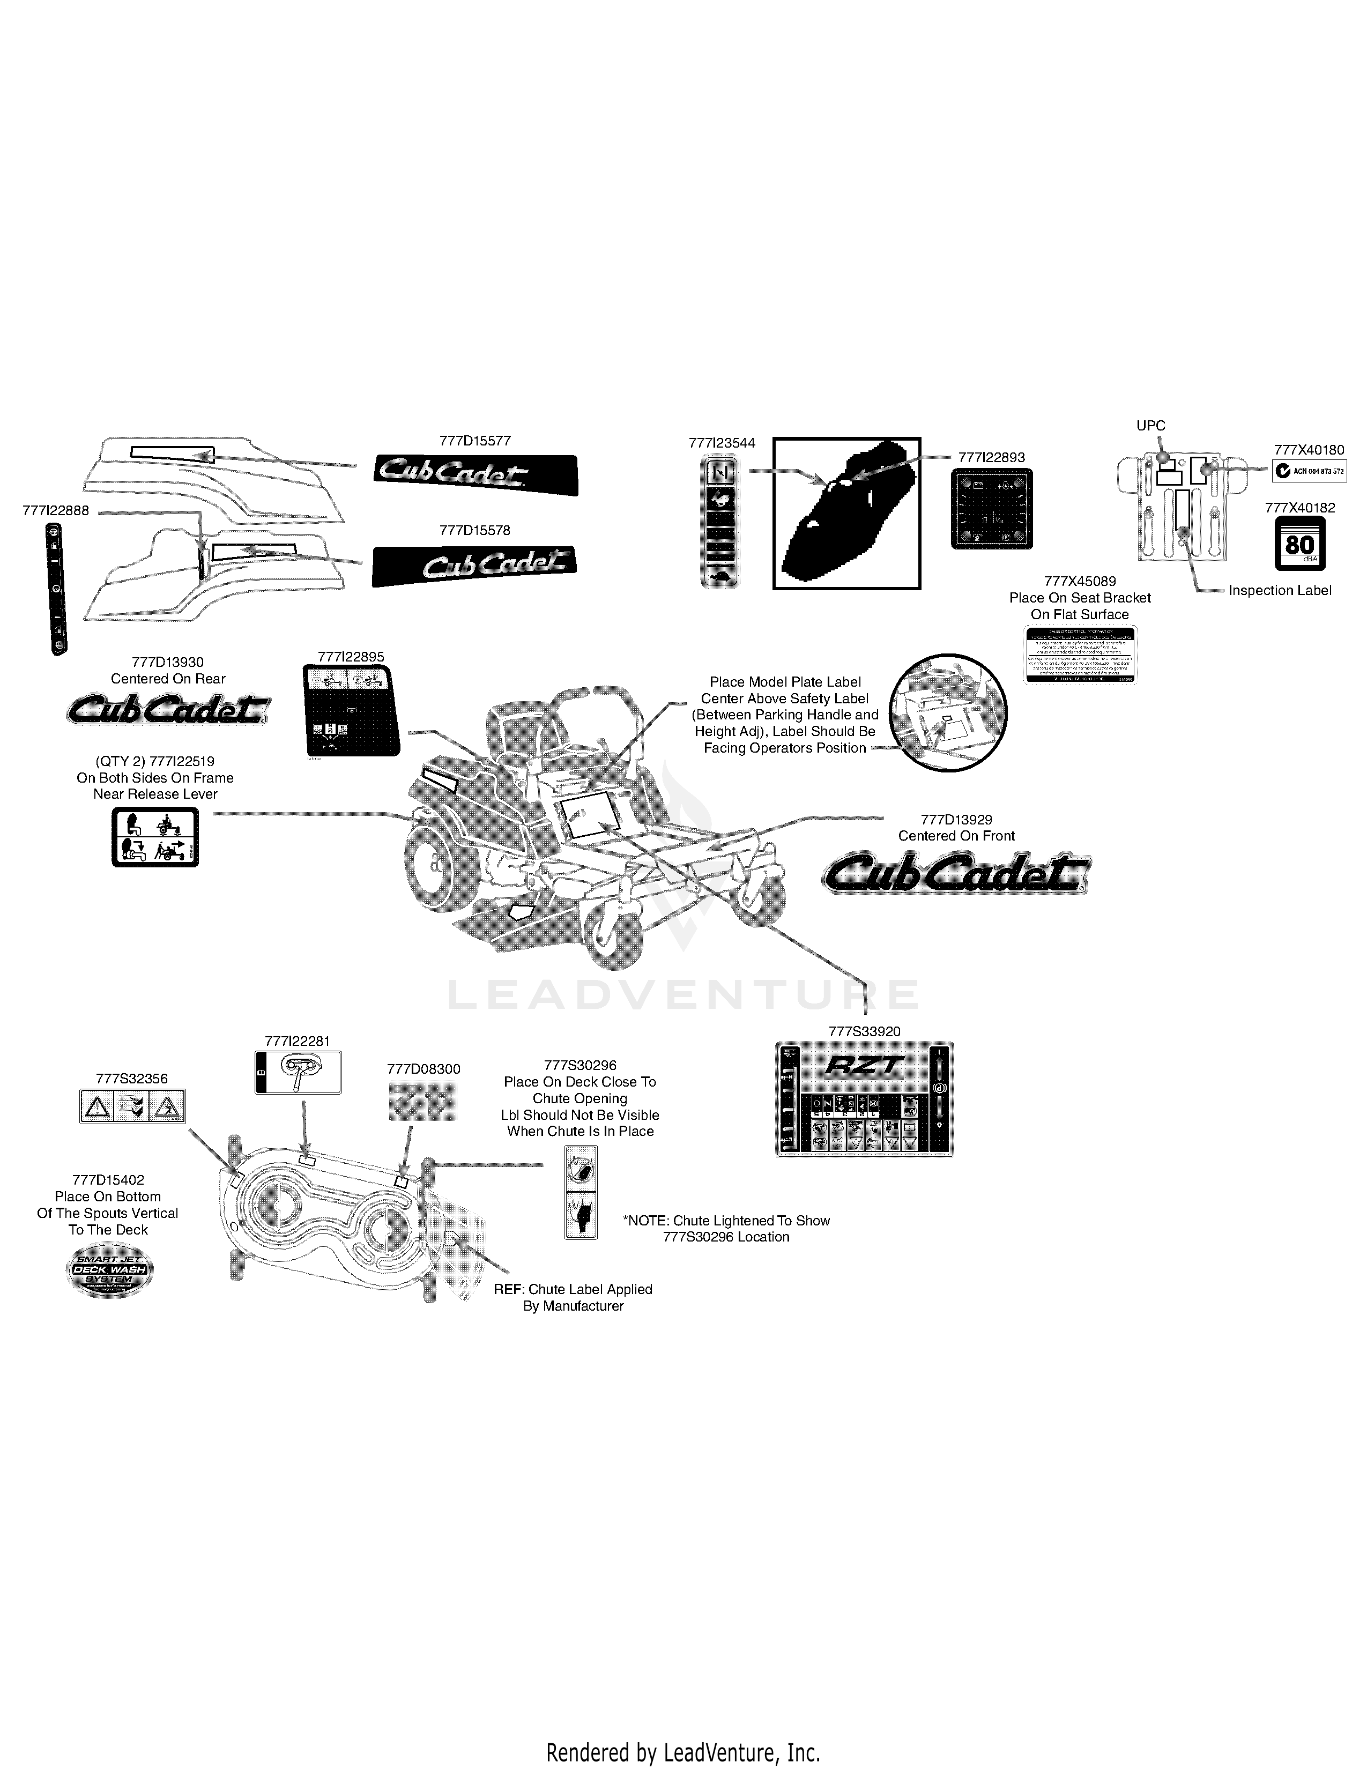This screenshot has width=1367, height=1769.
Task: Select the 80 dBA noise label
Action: (x=1299, y=544)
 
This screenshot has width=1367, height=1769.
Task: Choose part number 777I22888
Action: (x=56, y=510)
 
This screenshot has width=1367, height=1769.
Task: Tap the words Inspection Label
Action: (x=1280, y=591)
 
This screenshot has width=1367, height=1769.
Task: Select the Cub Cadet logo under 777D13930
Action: (x=168, y=710)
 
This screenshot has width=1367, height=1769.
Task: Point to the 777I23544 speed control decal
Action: (x=720, y=520)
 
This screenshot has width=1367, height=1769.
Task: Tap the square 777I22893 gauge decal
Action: (x=991, y=509)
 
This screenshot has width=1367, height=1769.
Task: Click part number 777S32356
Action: (x=131, y=1079)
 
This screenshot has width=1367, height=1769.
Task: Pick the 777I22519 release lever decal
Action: (x=155, y=837)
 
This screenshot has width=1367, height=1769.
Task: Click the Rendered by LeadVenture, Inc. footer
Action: (x=682, y=1746)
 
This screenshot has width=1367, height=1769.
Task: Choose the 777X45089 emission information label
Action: (x=1080, y=655)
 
